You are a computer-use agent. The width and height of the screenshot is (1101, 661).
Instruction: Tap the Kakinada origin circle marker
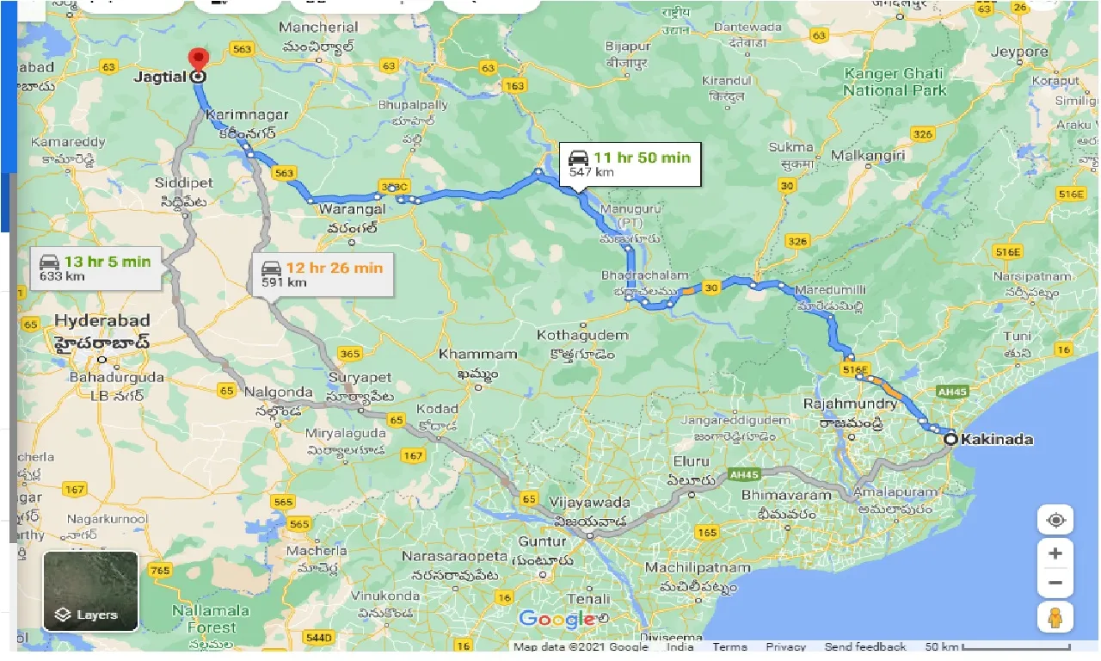pos(950,439)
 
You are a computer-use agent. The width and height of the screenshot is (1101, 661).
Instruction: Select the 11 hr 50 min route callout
pos(629,164)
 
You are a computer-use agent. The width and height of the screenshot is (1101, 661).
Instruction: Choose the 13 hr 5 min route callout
pos(95,268)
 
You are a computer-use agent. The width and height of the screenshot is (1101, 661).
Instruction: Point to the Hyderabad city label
pos(101,321)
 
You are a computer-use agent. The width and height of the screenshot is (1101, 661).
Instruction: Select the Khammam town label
pos(464,354)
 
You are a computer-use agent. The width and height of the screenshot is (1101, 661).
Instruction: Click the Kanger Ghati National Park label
pos(895,82)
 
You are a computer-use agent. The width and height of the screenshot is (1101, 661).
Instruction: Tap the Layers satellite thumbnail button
pos(90,590)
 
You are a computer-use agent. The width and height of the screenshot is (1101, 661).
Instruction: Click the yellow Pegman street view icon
pos(1055,617)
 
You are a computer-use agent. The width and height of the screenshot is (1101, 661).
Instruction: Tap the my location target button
pos(1055,520)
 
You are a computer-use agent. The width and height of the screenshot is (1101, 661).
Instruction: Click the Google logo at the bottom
pos(557,618)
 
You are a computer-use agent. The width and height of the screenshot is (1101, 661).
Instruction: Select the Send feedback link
pos(864,646)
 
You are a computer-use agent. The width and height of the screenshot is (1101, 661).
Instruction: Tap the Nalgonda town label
pos(277,392)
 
